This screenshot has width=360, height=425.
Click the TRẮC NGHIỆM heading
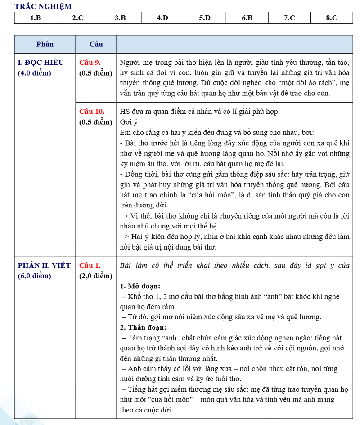pyautogui.click(x=43, y=7)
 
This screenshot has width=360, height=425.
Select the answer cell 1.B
pyautogui.click(x=36, y=18)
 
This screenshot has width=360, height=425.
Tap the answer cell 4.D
pyautogui.click(x=162, y=18)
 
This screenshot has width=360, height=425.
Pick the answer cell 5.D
pyautogui.click(x=205, y=18)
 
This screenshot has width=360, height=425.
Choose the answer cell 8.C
pyautogui.click(x=332, y=18)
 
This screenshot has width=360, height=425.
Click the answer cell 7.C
pyautogui.click(x=289, y=18)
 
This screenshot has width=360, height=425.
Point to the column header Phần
pyautogui.click(x=45, y=44)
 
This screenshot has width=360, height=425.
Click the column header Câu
pyautogui.click(x=96, y=44)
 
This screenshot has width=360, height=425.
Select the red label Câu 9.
pyautogui.click(x=90, y=62)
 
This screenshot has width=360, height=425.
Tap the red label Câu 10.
pyautogui.click(x=92, y=111)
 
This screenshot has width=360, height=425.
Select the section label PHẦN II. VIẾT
pyautogui.click(x=44, y=265)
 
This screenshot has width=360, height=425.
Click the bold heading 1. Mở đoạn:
pyautogui.click(x=140, y=286)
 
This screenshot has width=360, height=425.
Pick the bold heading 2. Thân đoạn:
pyautogui.click(x=143, y=327)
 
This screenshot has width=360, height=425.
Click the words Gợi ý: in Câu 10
pyautogui.click(x=130, y=122)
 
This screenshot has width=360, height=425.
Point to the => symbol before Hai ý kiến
pyautogui.click(x=125, y=237)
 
